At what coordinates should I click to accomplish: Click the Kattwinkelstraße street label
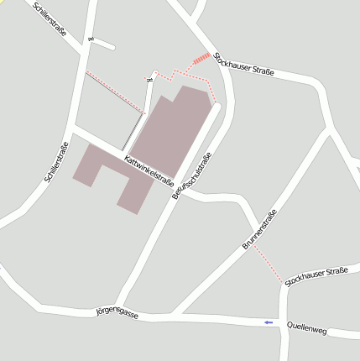[149, 170]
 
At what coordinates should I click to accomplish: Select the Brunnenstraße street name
[258, 229]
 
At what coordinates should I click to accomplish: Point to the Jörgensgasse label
[117, 311]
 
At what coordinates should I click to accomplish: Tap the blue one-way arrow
[269, 322]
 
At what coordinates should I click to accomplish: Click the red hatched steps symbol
[201, 59]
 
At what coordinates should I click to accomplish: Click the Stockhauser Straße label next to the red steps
[244, 65]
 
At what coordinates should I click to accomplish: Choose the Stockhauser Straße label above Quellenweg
[316, 276]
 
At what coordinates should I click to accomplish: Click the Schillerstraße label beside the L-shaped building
[57, 163]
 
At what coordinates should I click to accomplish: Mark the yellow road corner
[4, 3]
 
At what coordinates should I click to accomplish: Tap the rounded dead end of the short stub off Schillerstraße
[155, 73]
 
